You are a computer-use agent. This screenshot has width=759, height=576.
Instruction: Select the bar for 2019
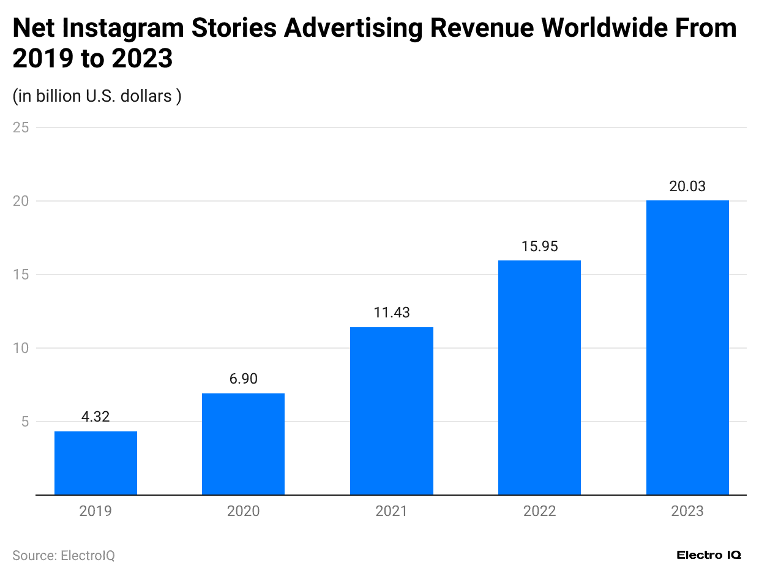click(95, 463)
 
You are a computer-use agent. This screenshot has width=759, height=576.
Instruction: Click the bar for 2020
click(243, 444)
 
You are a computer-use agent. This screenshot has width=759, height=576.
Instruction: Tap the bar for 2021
click(391, 411)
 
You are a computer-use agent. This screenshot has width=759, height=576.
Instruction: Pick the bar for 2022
click(539, 377)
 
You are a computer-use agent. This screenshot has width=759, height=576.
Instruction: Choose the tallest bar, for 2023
click(687, 347)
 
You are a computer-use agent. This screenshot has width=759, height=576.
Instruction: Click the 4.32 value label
click(95, 417)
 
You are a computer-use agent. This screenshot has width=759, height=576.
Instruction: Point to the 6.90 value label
click(243, 379)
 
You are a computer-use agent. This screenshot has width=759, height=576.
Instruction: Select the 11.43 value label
click(391, 313)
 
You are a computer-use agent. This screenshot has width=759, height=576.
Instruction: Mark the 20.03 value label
click(687, 186)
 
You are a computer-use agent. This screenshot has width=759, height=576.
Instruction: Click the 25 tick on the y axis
click(21, 127)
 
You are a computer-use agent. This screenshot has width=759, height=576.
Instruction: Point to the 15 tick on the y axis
click(21, 275)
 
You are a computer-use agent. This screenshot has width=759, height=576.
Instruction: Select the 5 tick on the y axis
click(25, 422)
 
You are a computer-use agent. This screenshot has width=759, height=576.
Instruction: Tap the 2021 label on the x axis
click(391, 511)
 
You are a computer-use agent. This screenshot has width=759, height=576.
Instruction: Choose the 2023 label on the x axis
click(687, 511)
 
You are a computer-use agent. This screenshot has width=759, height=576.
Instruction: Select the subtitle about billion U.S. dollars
click(97, 96)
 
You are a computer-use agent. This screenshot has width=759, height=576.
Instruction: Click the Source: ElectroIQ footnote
click(64, 555)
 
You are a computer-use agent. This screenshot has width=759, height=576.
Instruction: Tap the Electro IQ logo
click(709, 555)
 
